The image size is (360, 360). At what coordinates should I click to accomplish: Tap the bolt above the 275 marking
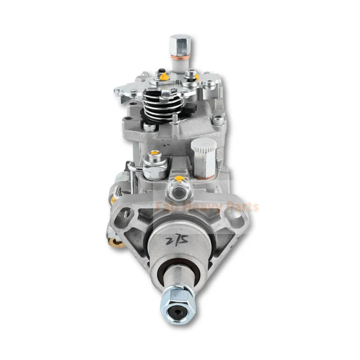(x=179, y=190)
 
